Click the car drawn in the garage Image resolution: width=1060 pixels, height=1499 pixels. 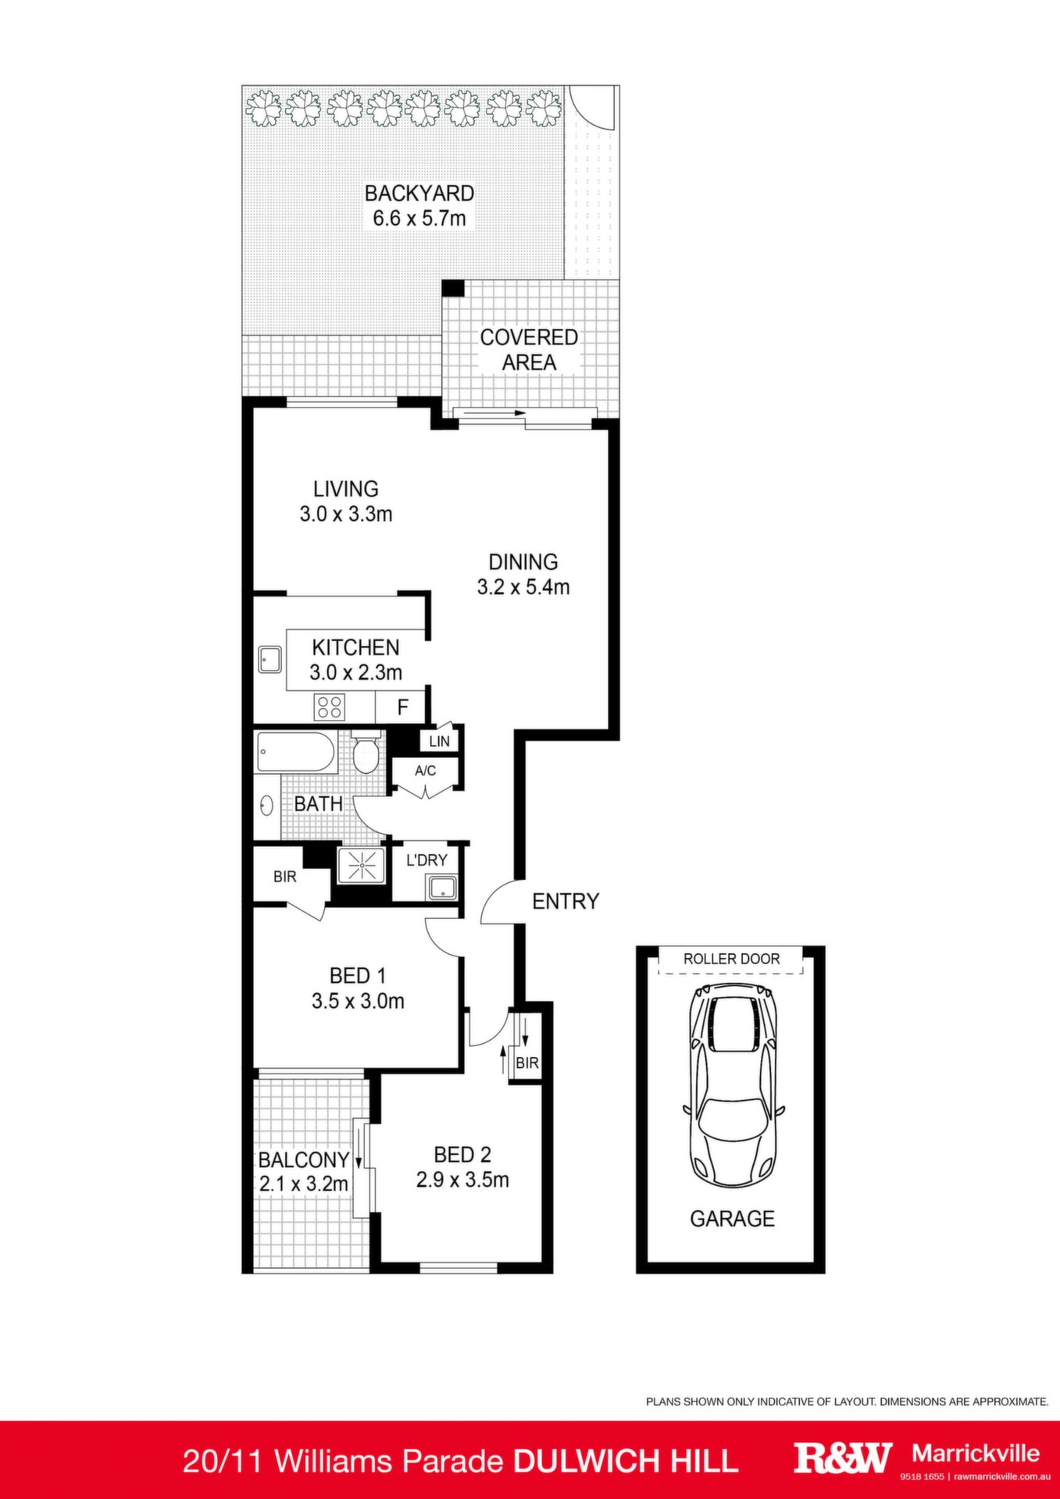point(732,1086)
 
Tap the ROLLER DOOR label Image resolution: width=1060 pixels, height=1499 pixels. point(731,959)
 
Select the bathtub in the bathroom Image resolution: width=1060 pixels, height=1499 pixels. point(296,752)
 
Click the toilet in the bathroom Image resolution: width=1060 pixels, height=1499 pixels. point(366,751)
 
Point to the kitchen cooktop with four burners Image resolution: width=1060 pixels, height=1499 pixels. point(329,707)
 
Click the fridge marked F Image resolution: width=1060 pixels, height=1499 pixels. point(402,707)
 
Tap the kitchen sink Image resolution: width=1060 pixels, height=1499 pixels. point(270,660)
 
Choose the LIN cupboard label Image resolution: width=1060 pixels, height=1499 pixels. point(440,741)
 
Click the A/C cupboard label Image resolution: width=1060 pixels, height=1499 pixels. point(425,771)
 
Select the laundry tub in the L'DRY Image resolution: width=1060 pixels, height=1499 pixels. point(442,888)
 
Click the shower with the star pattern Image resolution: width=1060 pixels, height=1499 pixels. point(362,867)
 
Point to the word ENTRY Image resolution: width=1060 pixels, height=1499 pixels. point(566,902)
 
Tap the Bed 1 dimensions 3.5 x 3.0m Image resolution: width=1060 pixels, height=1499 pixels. point(358,1001)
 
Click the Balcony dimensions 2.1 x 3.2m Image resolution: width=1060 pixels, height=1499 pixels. point(304,1184)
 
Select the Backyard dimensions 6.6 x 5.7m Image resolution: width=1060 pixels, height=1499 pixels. point(419,218)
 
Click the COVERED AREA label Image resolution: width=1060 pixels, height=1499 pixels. point(529,350)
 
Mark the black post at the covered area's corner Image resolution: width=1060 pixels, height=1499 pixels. point(453,288)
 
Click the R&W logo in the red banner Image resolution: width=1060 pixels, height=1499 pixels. point(843,1457)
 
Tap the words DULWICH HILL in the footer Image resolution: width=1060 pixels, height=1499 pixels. point(625,1461)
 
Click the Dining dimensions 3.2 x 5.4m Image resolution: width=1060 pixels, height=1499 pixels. point(523,587)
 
